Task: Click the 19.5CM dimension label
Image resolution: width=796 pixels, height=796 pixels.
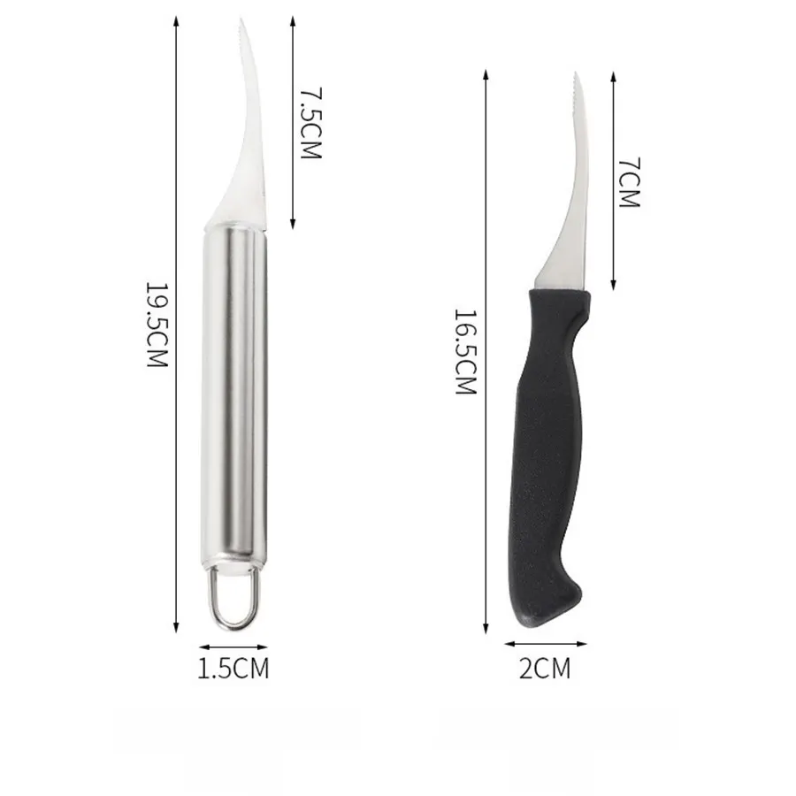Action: coord(157,325)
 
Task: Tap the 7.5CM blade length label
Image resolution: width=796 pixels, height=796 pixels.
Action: coord(310,123)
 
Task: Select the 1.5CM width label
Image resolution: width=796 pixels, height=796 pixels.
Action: coord(233,668)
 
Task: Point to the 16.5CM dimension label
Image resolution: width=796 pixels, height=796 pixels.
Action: coord(465,352)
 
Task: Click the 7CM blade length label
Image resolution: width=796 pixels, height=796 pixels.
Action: coord(630,182)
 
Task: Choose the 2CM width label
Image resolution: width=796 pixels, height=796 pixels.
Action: coord(545,668)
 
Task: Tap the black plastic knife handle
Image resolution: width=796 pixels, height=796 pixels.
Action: coord(548,457)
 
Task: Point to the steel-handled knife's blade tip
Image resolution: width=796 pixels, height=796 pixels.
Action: coord(240,19)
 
